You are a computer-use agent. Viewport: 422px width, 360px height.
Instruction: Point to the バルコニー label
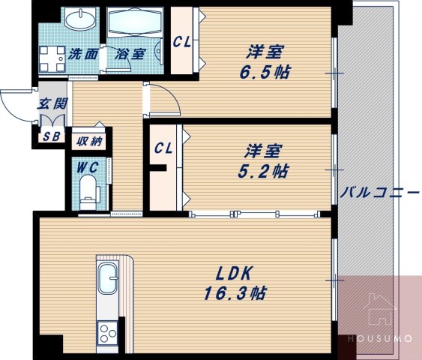pyautogui.click(x=380, y=192)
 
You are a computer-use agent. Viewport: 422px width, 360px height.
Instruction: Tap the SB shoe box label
pyautogui.click(x=52, y=136)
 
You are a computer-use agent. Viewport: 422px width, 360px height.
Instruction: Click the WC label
pyautogui.click(x=89, y=165)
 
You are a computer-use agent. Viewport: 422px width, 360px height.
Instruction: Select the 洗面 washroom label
pyautogui.click(x=82, y=54)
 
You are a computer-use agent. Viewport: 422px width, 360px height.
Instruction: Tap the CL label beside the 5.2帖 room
pyautogui.click(x=163, y=148)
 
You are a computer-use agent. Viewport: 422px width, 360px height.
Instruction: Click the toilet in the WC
pyautogui.click(x=90, y=190)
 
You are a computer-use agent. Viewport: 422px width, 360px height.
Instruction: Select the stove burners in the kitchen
pyautogui.click(x=107, y=331)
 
